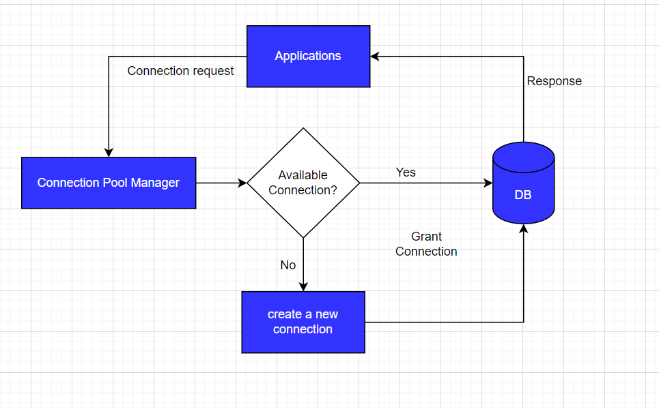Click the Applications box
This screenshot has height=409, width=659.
pos(308,57)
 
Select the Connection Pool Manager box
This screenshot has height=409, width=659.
pos(109,183)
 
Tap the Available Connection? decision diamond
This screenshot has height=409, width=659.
pos(303,183)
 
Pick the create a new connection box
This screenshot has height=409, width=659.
pos(303,322)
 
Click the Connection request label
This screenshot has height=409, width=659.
pos(180,71)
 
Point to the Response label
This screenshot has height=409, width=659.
pos(554,81)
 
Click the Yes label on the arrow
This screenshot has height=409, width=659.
pos(406,172)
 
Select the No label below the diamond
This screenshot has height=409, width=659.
pos(288,264)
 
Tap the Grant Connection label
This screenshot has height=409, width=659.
pos(426,244)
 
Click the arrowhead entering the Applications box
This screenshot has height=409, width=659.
pos(376,57)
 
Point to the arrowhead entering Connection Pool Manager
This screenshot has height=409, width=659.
pos(109,153)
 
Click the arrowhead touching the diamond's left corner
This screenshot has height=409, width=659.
pos(242,183)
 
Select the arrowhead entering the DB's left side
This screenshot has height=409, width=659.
pos(488,183)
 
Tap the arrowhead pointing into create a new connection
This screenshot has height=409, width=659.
pos(303,286)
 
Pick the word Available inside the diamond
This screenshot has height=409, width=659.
pos(303,175)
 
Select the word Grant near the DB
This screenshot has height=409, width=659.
pos(426,237)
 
